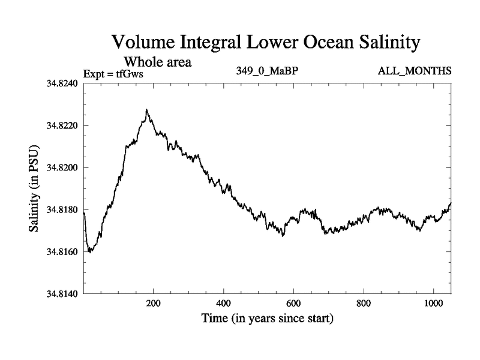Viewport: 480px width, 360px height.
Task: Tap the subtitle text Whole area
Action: pos(157,62)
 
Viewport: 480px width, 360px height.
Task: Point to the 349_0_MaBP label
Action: pos(268,71)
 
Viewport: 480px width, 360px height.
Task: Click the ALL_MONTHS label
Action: pos(414,71)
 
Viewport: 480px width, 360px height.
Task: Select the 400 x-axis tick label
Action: pos(224,304)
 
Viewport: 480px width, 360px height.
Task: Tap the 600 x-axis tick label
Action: pos(293,304)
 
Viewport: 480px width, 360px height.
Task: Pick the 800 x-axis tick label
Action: pos(364,304)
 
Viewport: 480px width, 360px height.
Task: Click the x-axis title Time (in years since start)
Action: pos(267,319)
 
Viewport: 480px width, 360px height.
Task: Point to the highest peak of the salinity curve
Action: pos(146,110)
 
